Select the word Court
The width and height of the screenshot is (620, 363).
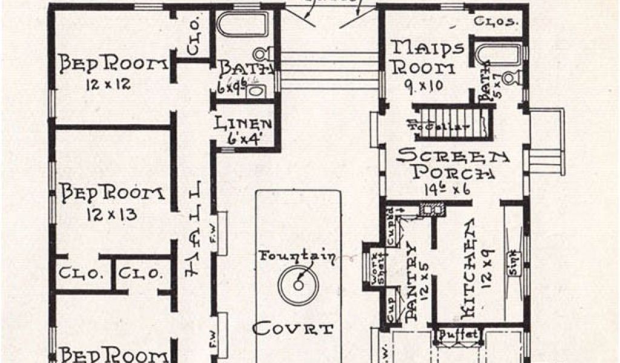click(x=293, y=330)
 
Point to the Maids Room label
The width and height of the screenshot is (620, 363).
click(x=427, y=57)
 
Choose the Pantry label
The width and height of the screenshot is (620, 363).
click(x=412, y=279)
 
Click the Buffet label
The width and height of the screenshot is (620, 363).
click(x=458, y=335)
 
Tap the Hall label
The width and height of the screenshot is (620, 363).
click(x=194, y=230)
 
